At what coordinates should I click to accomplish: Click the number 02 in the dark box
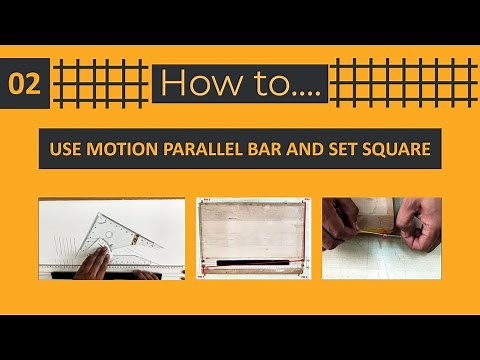pos(25,84)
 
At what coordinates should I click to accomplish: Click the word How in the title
pos(196,84)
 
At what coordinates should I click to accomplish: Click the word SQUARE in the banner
pos(394,150)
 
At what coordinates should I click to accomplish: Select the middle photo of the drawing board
pos(250,237)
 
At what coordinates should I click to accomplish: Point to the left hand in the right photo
pos(345,225)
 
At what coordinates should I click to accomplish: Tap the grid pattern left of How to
pos(99,83)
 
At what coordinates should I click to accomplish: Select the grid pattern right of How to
pos(400,83)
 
